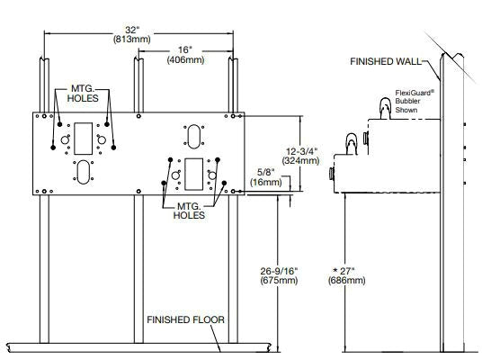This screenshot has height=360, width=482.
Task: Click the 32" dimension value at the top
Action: (132, 30)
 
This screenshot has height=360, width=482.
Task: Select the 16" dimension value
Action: (185, 49)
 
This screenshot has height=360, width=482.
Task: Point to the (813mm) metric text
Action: (132, 40)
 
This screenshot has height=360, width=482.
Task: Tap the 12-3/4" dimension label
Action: (301, 151)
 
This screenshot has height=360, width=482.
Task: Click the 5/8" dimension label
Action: (266, 173)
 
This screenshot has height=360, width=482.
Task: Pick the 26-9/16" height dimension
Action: (279, 271)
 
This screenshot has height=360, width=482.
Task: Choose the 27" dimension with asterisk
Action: (344, 271)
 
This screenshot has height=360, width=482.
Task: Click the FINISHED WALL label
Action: (386, 61)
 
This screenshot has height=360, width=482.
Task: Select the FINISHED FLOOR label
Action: (185, 320)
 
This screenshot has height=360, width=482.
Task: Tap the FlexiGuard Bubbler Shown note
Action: (415, 101)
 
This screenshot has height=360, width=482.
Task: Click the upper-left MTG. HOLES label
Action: (83, 94)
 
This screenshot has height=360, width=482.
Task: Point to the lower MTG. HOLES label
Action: (189, 211)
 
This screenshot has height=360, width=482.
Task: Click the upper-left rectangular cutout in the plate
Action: (84, 139)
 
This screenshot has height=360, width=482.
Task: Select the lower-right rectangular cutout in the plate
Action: (193, 175)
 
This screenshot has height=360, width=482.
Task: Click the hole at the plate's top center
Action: (138, 116)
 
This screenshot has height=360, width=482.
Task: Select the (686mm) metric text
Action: (347, 281)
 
